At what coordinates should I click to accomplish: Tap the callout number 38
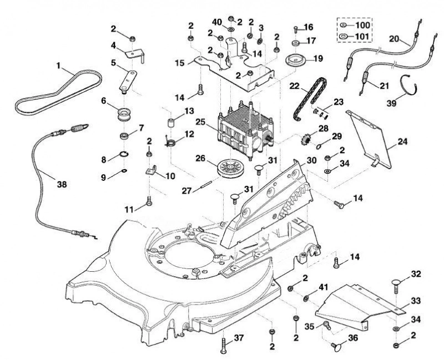tap(62, 184)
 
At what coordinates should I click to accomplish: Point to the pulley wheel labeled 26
tap(231, 169)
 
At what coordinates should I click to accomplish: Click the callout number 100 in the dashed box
tap(362, 25)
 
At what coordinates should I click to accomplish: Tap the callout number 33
tap(416, 301)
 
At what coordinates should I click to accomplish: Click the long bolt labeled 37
tap(224, 346)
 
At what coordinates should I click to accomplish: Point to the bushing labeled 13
tap(170, 123)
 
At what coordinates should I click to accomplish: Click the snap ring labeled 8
tap(124, 154)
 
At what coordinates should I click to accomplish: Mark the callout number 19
tap(317, 59)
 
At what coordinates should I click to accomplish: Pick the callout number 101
tap(362, 37)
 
